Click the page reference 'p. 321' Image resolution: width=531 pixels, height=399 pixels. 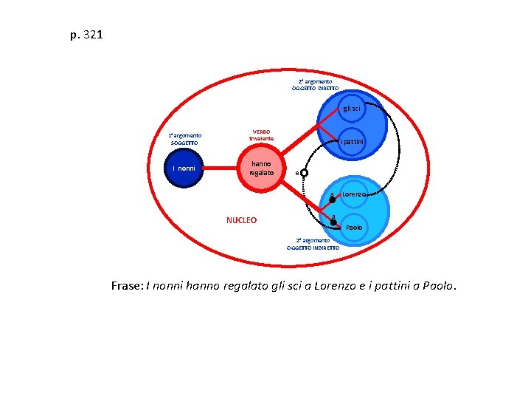pos(86,34)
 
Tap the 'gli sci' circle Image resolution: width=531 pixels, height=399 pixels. pos(351,109)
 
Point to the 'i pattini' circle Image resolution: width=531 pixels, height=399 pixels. pos(352,141)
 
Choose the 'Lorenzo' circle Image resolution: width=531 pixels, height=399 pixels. pos(355,194)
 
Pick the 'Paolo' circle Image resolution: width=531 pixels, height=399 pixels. pos(355,227)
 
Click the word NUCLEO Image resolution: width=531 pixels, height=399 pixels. pos(241,220)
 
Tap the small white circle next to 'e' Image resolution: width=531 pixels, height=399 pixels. pos(304,173)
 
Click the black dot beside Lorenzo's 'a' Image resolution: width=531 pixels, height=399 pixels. pos(332,199)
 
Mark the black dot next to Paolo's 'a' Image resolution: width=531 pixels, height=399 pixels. pos(333,222)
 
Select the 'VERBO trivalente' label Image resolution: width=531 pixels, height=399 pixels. pos(261,135)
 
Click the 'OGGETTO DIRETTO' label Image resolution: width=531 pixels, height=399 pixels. pos(315,88)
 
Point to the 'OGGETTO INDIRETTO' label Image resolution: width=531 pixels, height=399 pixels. pos(313,248)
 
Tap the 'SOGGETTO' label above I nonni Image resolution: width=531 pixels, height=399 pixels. pos(184,143)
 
